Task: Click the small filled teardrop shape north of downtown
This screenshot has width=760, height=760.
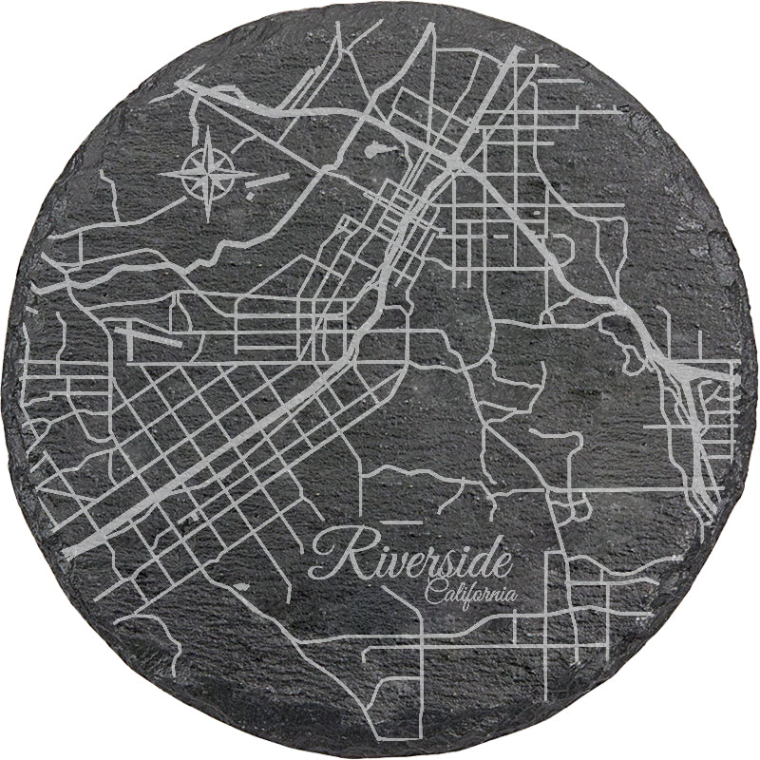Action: [374, 149]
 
